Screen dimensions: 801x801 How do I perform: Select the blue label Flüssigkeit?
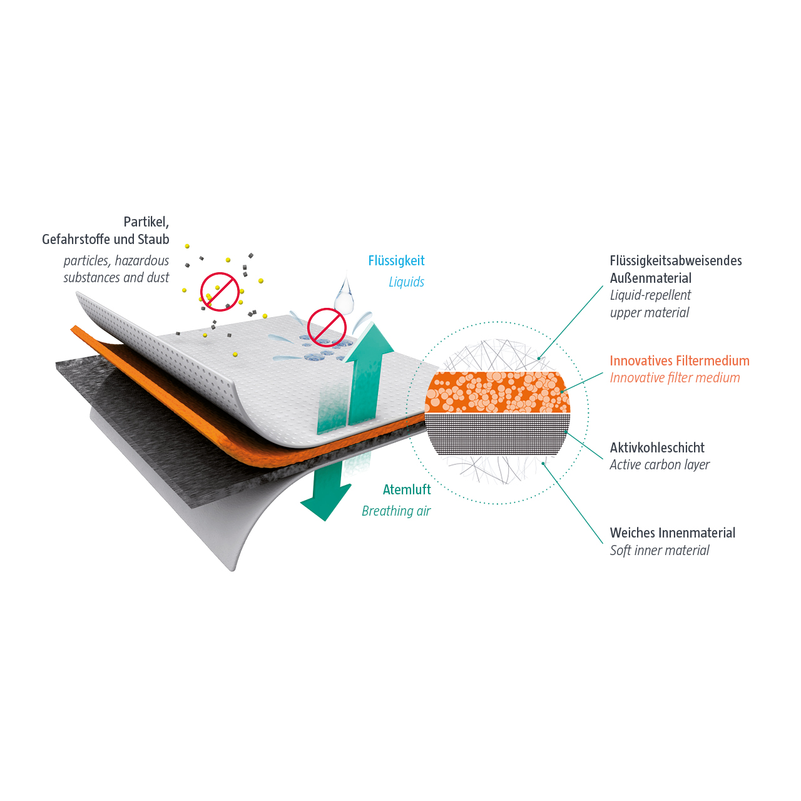tap(396, 261)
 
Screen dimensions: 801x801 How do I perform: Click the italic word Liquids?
tap(406, 282)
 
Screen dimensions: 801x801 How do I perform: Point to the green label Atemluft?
tap(407, 489)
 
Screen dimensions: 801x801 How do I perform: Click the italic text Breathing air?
tap(396, 511)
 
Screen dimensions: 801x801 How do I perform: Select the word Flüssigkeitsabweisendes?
tap(675, 261)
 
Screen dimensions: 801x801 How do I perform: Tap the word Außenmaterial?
tap(651, 278)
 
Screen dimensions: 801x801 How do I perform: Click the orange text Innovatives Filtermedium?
tap(679, 361)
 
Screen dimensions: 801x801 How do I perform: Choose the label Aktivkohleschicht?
tap(657, 447)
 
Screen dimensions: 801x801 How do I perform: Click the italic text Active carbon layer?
tap(660, 465)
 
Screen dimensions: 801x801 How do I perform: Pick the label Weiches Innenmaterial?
tap(672, 533)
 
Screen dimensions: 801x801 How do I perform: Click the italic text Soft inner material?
tap(659, 550)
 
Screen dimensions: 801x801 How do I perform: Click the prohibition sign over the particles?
tap(220, 292)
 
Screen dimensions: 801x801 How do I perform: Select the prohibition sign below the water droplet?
tap(327, 327)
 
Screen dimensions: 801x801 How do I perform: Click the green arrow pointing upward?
tap(367, 374)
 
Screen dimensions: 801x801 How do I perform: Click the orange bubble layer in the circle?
tap(497, 392)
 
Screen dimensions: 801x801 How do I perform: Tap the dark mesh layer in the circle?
tap(497, 434)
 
